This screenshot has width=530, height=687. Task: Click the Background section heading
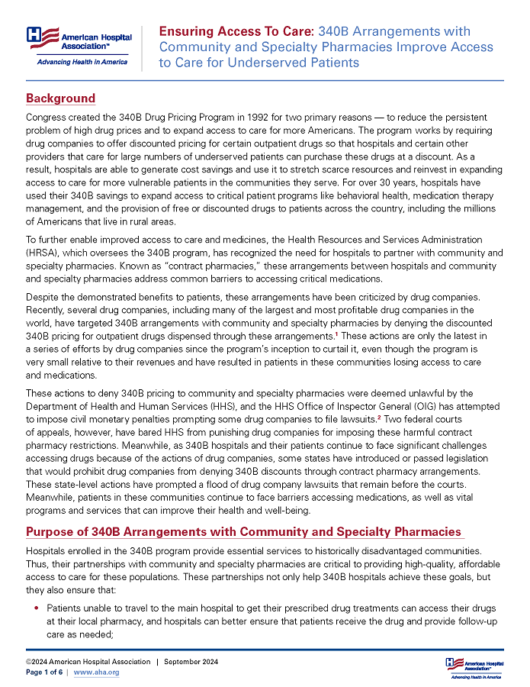click(x=60, y=98)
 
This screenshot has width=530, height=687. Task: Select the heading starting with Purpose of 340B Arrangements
click(x=243, y=531)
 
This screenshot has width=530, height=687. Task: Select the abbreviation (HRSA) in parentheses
click(x=43, y=253)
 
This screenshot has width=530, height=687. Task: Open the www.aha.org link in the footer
click(x=96, y=672)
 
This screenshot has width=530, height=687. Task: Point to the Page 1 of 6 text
click(x=46, y=672)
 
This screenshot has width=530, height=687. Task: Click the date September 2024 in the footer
click(x=191, y=661)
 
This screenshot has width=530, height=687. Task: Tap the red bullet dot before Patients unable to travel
click(x=35, y=608)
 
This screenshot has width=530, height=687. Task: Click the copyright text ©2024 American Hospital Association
click(x=88, y=661)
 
